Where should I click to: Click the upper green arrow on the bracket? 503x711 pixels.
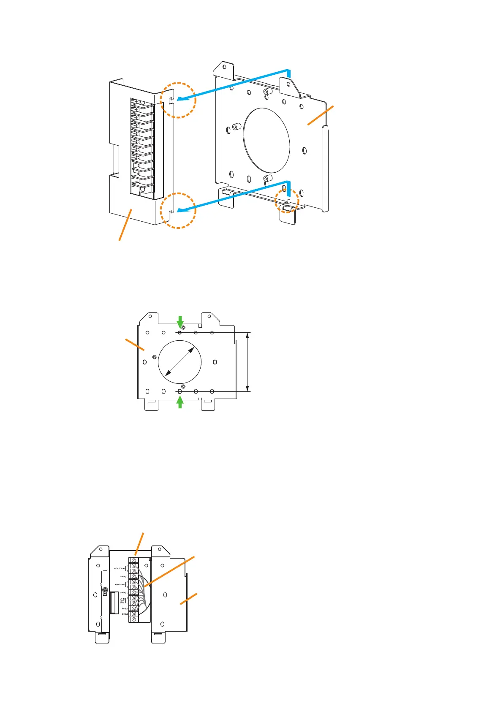[x=180, y=322]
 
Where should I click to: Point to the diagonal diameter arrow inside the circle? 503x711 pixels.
[x=179, y=362]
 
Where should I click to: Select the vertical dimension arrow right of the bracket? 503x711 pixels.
[x=248, y=362]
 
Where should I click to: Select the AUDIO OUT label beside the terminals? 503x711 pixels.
[x=120, y=585]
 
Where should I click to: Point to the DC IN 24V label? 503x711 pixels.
[x=122, y=600]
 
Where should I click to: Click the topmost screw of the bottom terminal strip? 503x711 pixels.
[x=134, y=560]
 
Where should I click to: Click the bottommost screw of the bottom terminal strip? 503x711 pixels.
[x=134, y=619]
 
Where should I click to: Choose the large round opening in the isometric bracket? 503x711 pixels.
[x=267, y=141]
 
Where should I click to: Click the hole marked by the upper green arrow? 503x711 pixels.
[x=179, y=333]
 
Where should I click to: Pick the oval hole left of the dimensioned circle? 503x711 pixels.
[x=145, y=362]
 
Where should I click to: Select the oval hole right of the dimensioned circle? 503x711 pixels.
[x=215, y=362]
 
